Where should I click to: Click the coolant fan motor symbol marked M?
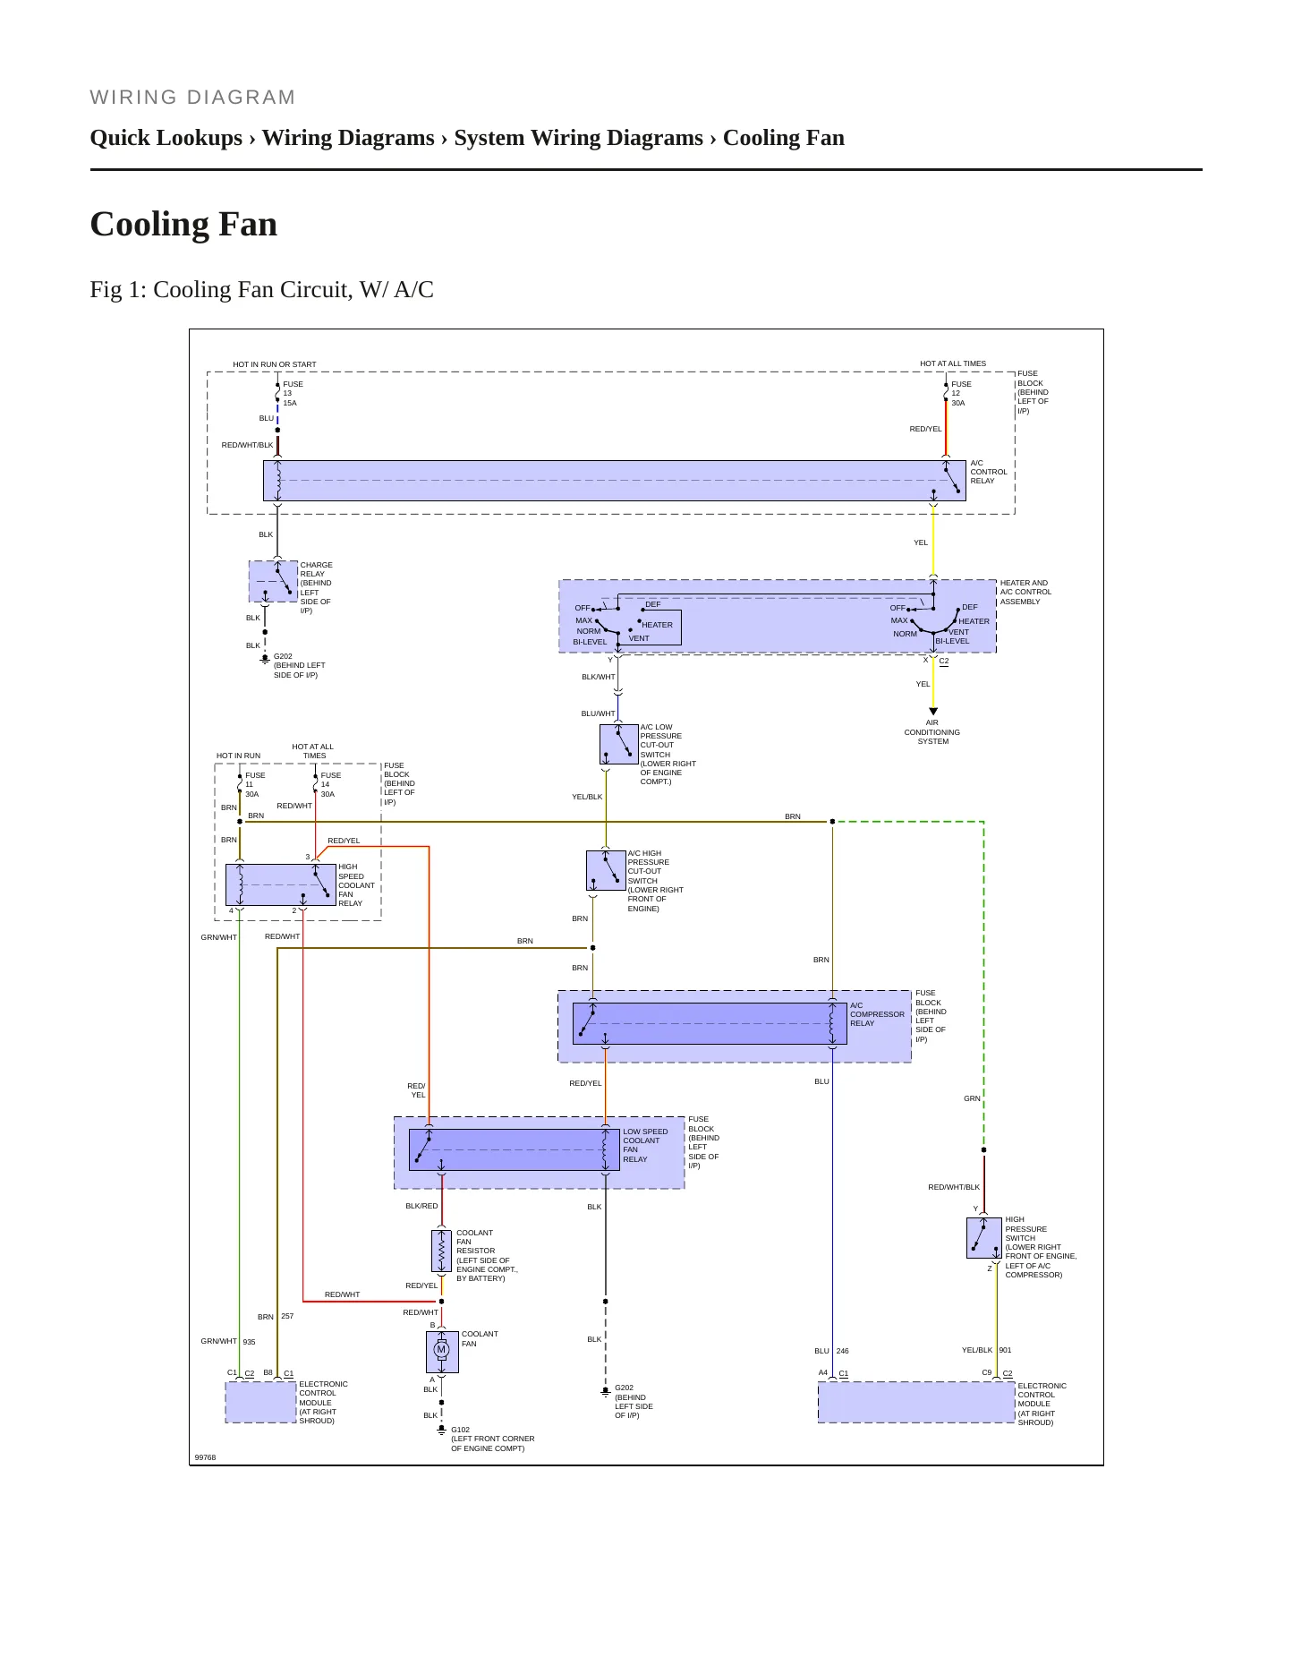click(x=441, y=1351)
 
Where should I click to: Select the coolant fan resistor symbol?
click(x=441, y=1251)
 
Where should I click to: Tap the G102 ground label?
click(x=460, y=1430)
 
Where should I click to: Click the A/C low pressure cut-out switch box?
click(x=618, y=744)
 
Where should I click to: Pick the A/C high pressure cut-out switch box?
click(x=606, y=870)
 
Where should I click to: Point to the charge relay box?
click(x=273, y=581)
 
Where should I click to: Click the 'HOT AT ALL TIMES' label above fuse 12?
click(x=953, y=363)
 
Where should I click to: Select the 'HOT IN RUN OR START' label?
click(x=275, y=364)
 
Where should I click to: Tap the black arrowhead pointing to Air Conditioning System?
click(x=933, y=712)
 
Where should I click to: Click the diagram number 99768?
click(x=205, y=1457)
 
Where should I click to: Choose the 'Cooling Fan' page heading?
click(x=183, y=224)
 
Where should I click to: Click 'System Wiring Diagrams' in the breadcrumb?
click(x=578, y=138)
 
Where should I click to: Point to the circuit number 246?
click(x=843, y=1351)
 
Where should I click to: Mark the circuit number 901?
click(x=1006, y=1350)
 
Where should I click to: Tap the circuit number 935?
click(x=250, y=1342)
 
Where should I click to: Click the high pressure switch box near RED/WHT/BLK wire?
click(x=984, y=1238)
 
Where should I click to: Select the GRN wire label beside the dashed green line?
click(x=972, y=1098)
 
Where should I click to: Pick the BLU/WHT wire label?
click(x=599, y=713)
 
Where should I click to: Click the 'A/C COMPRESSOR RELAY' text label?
click(x=877, y=1014)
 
